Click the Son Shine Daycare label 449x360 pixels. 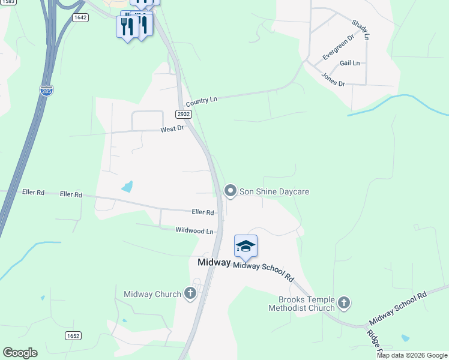[274, 191]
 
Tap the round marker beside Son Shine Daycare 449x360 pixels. [230, 191]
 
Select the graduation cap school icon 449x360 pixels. [246, 247]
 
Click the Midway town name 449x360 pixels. [214, 263]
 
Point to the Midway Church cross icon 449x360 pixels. [190, 293]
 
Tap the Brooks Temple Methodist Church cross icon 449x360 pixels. [344, 302]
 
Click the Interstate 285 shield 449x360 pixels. [47, 91]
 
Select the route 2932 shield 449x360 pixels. [184, 114]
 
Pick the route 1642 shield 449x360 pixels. [80, 17]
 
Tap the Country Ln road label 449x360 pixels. [201, 101]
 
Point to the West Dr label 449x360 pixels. [171, 129]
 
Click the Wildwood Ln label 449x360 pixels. [194, 230]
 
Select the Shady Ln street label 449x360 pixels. [360, 29]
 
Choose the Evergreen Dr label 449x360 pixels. [338, 46]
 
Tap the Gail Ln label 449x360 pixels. [349, 63]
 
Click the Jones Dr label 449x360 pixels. [333, 79]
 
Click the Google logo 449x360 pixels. [20, 353]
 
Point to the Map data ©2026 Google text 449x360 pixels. [412, 355]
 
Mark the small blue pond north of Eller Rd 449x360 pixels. [127, 187]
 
